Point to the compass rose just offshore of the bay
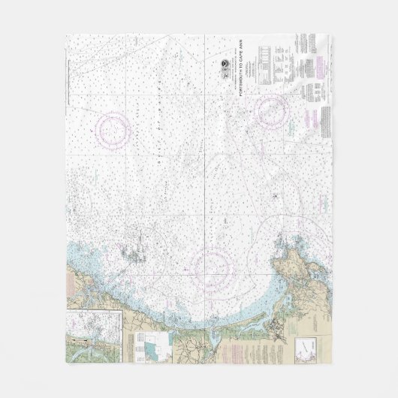click(x=213, y=263)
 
